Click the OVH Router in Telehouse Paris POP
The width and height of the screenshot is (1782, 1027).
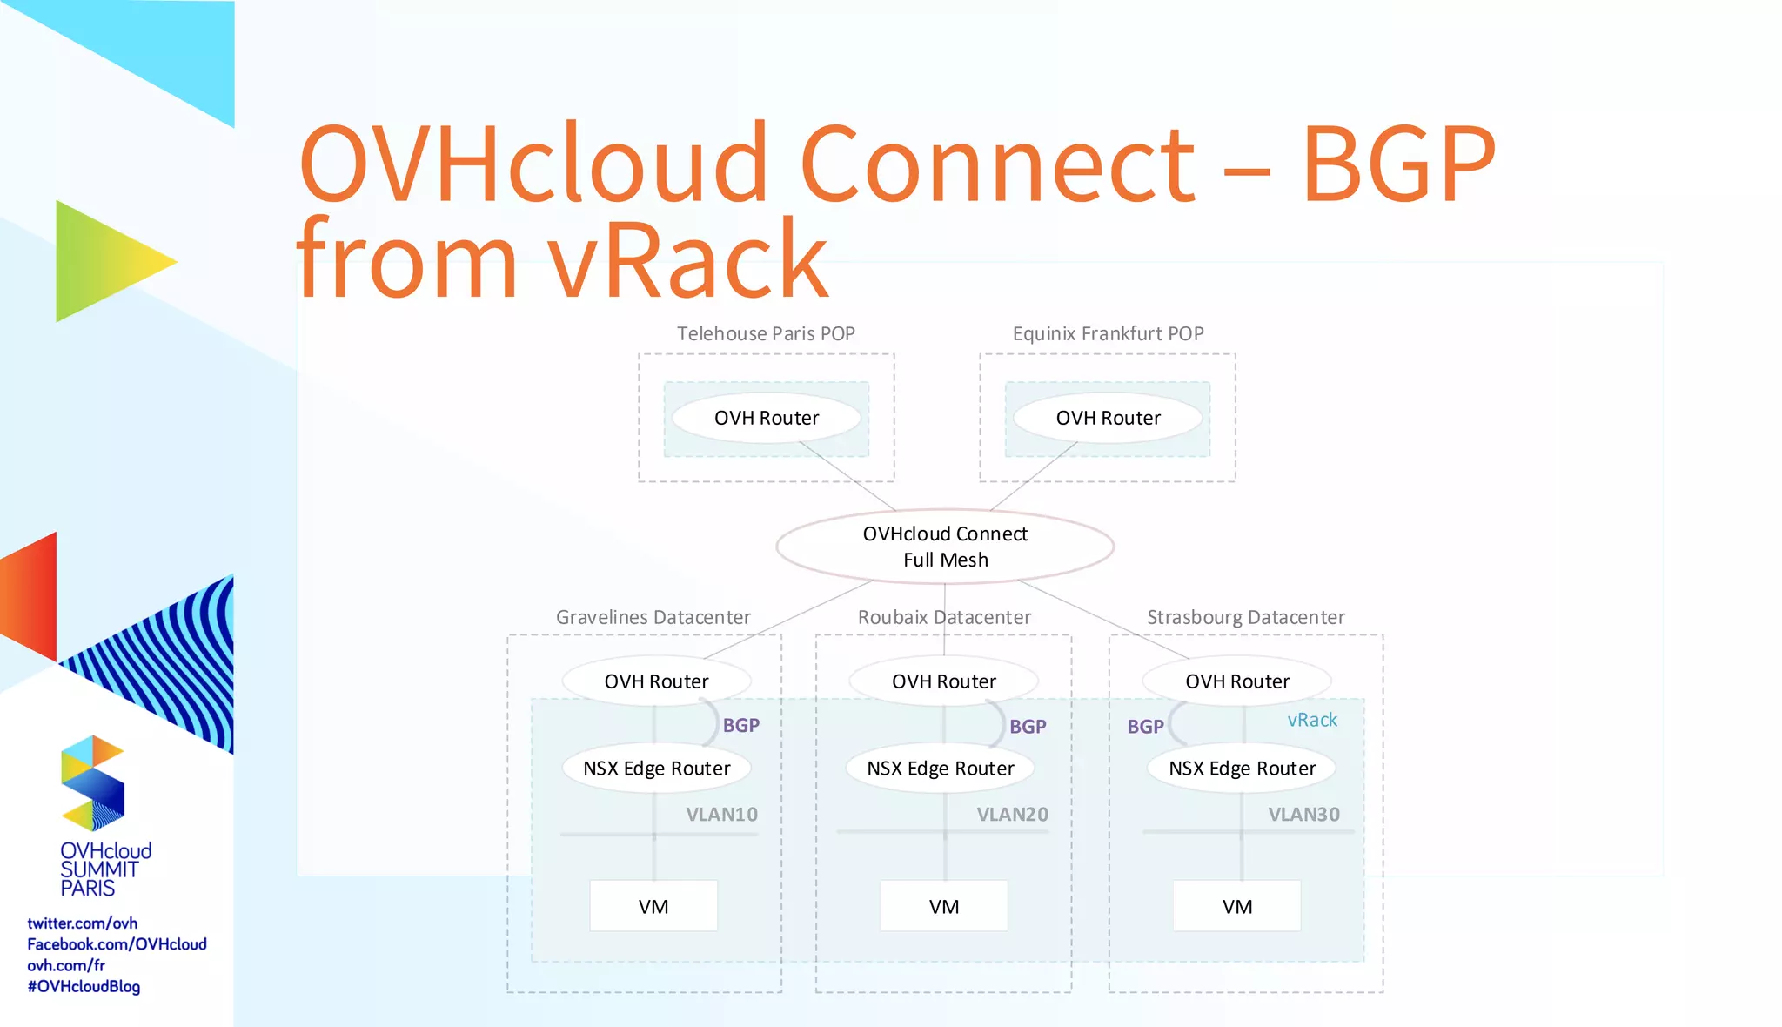coord(767,418)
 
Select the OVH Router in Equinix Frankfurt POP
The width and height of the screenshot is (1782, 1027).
coord(1108,418)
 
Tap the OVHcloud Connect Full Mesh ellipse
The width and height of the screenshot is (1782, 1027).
coord(945,547)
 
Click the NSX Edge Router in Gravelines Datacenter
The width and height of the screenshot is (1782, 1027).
coord(656,769)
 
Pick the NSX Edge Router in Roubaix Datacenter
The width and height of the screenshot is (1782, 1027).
coord(941,769)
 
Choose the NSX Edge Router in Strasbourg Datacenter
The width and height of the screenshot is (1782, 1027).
coord(1242,769)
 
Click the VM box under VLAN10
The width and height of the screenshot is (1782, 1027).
coord(653,906)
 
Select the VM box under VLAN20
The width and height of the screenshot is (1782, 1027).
coord(944,906)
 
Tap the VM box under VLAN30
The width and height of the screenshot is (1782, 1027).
coord(1237,906)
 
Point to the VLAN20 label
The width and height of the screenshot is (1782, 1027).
coord(1012,815)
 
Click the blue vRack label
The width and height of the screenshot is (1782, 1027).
coord(1312,720)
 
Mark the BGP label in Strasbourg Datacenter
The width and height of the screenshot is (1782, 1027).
coord(1145,727)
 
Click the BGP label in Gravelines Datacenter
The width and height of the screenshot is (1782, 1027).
coord(741,725)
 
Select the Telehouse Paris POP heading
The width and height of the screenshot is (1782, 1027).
coord(766,333)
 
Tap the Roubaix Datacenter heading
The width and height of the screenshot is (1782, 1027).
coord(944,617)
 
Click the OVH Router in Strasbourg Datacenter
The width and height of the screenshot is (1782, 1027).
coord(1237,681)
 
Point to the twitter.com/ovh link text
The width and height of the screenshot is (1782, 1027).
coord(82,923)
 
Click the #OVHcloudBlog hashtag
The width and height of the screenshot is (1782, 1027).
coord(84,986)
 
